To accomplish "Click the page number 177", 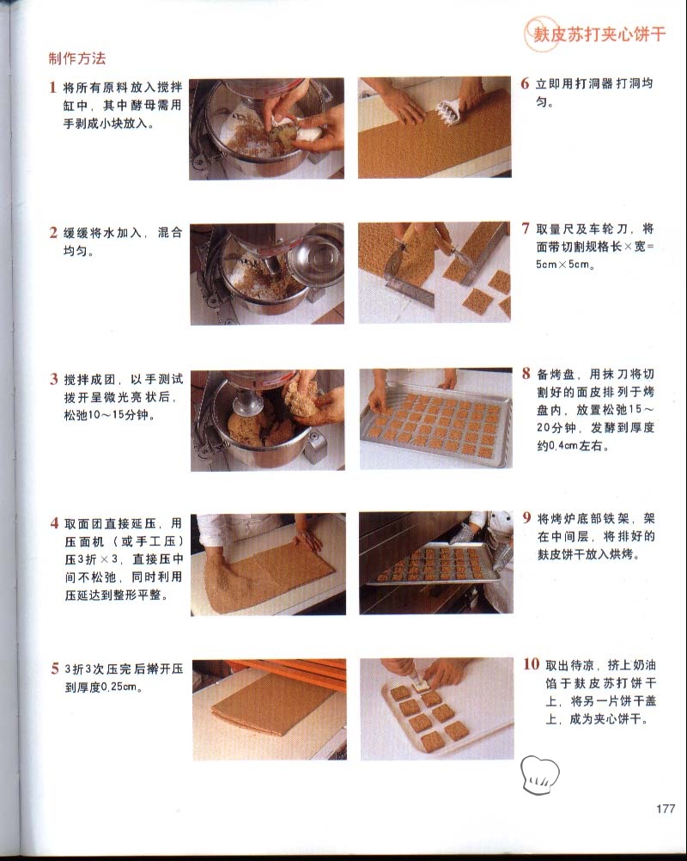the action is (665, 809).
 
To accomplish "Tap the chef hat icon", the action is (539, 774).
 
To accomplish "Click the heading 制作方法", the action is (76, 58).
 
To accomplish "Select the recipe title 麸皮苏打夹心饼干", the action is (599, 34).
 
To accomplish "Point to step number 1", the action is (52, 87).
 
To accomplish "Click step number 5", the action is (55, 669).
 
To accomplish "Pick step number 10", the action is (531, 664).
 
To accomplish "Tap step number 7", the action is (526, 228).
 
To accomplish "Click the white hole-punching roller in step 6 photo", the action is (449, 112).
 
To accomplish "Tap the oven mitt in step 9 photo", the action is (465, 533).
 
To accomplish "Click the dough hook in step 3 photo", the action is (248, 404).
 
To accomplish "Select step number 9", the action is (526, 518).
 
